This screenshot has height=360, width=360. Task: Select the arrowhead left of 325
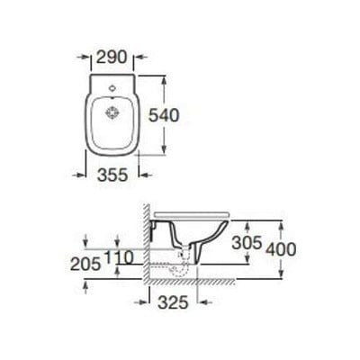147,303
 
